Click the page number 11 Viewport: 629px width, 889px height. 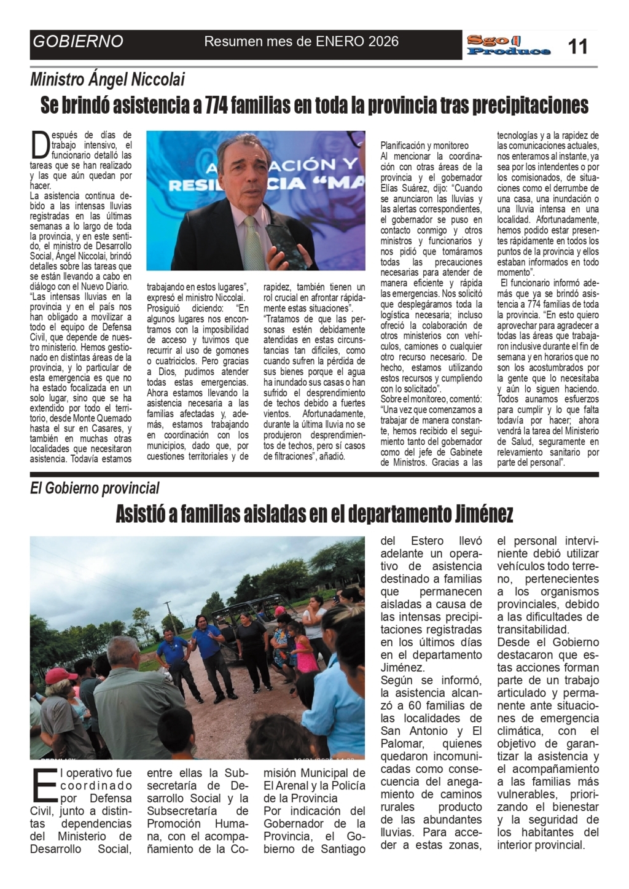coord(577,46)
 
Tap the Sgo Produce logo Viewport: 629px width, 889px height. coord(508,45)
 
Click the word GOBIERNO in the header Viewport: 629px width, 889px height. coord(78,42)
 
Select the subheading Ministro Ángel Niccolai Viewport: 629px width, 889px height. coord(107,79)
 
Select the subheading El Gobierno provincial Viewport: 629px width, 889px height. coord(95,488)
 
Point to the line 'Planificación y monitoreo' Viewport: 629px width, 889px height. coord(424,146)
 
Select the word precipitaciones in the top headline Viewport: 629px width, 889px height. coord(531,106)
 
